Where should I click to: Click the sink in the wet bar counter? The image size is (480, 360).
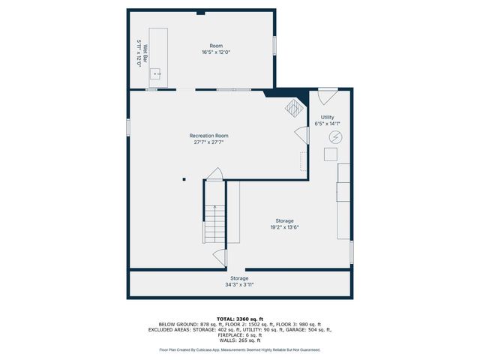click(x=155, y=73)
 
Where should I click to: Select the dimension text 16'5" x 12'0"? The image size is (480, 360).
click(x=215, y=52)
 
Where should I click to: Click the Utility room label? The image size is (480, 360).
click(x=327, y=117)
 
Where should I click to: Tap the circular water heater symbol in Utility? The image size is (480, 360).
click(x=335, y=137)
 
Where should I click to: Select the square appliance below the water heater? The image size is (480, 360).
click(x=330, y=154)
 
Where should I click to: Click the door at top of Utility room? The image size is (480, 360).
click(x=327, y=96)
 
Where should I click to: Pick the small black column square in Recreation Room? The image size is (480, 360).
click(x=184, y=178)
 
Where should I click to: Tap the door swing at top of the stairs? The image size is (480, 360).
click(x=214, y=175)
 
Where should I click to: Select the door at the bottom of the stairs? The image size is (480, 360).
click(x=219, y=257)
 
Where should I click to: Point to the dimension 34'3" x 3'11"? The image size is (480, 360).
click(x=240, y=284)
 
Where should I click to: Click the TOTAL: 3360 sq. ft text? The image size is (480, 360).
click(x=240, y=318)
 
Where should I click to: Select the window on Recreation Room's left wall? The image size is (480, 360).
click(x=128, y=127)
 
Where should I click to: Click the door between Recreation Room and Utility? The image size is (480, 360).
click(x=301, y=136)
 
